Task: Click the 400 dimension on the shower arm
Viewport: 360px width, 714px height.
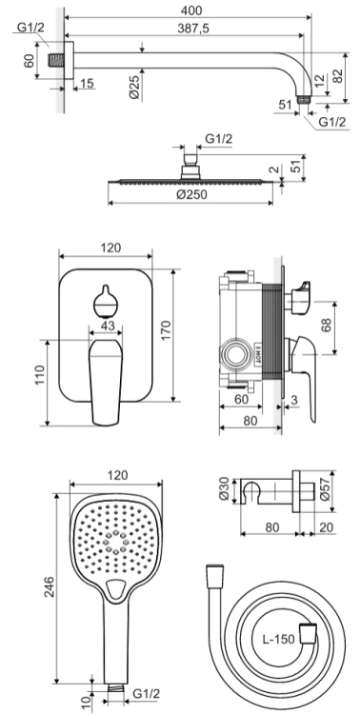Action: point(191,10)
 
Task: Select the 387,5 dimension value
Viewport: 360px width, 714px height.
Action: point(192,29)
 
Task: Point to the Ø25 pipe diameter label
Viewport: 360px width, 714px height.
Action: point(134,87)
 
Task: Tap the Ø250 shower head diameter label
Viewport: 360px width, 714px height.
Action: point(191,194)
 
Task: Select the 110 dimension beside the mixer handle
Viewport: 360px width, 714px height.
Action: point(41,375)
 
